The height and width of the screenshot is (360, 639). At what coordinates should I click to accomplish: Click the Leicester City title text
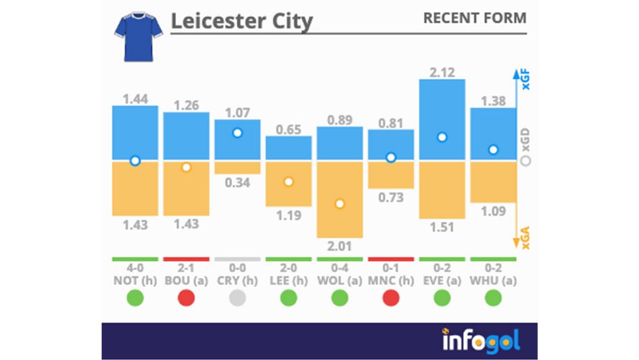241,21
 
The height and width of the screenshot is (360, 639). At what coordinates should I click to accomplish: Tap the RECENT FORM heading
475,18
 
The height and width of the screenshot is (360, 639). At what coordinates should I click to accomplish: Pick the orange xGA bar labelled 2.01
339,199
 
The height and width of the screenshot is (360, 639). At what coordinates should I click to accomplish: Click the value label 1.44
135,99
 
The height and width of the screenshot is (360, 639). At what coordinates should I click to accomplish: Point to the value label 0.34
237,183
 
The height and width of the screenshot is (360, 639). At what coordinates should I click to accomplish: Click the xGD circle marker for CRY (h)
237,133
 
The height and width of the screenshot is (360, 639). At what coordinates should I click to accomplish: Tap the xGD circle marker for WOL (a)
339,204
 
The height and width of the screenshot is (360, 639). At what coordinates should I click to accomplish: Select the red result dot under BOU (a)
186,298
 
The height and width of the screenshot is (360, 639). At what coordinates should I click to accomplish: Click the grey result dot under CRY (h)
237,298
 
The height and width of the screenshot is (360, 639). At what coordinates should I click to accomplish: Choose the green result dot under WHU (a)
493,298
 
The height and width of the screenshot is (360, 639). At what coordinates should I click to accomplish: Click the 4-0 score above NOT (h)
135,268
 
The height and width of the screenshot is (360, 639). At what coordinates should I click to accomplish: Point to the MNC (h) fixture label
391,279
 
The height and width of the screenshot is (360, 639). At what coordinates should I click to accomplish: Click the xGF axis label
526,83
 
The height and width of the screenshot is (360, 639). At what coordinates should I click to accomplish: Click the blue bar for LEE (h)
289,148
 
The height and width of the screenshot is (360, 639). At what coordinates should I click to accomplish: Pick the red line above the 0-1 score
391,259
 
